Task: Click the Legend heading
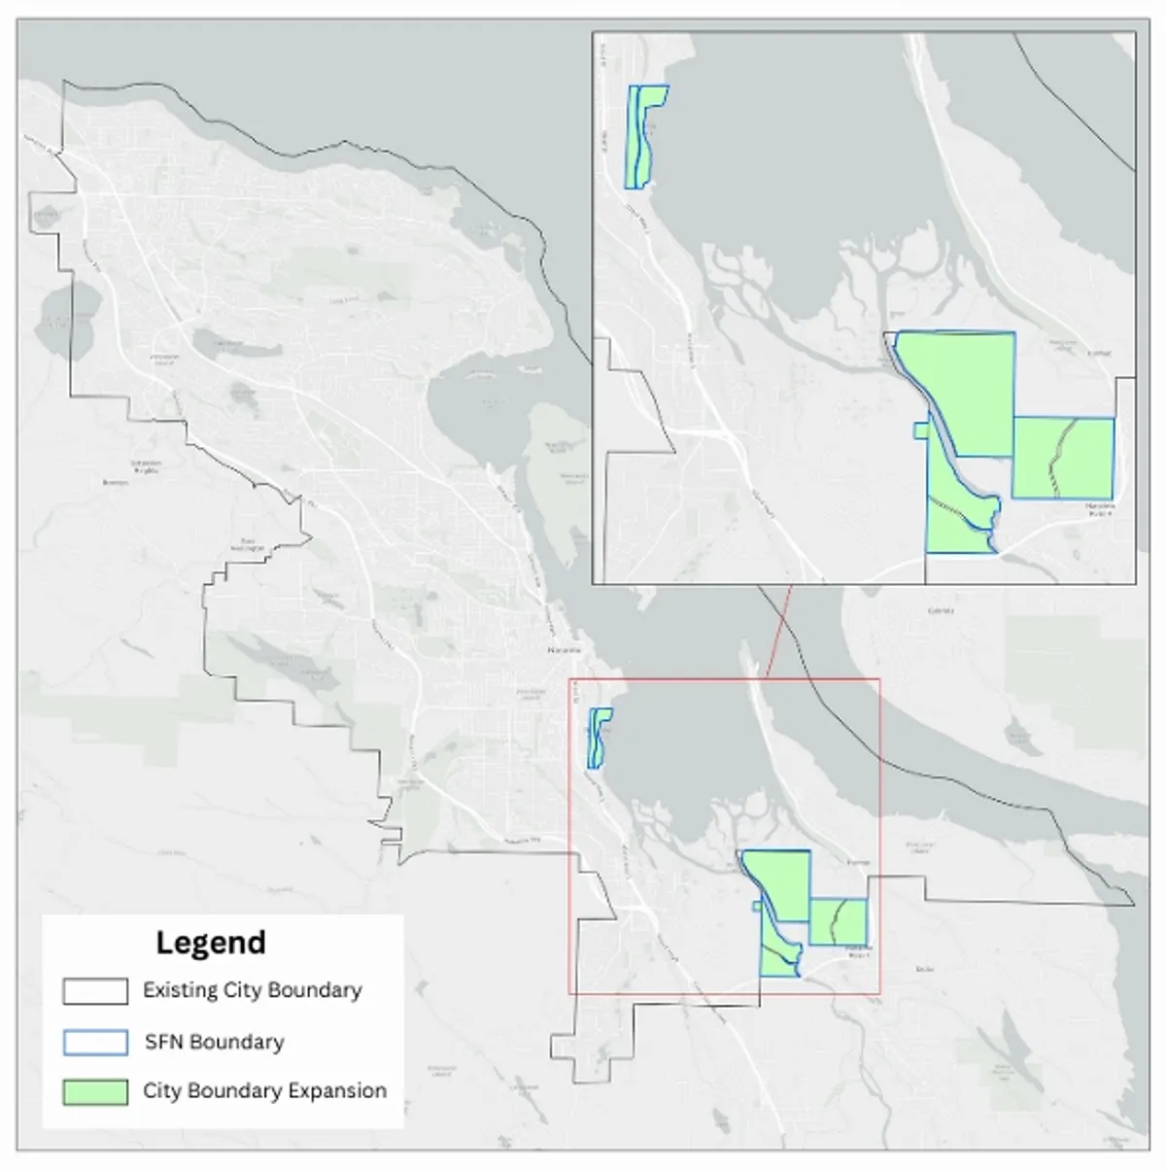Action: [x=211, y=943]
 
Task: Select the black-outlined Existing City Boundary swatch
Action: [x=95, y=991]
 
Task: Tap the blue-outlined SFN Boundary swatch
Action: [x=95, y=1042]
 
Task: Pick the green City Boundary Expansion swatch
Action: [x=95, y=1091]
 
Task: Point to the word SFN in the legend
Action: [x=164, y=1042]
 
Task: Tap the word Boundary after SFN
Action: [x=237, y=1042]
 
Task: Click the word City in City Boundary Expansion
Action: [x=160, y=1091]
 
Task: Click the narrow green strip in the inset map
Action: [x=641, y=136]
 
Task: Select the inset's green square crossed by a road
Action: [x=1063, y=458]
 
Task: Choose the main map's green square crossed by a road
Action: [x=838, y=921]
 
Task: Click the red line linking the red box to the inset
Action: [x=778, y=632]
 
